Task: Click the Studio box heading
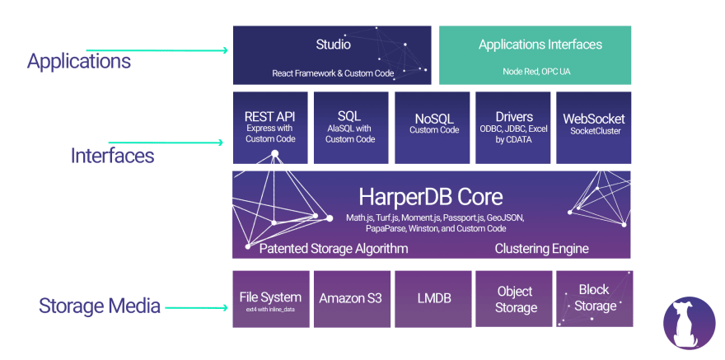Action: [333, 44]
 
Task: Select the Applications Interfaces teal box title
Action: [540, 44]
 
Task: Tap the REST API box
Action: [269, 127]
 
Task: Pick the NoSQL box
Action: [433, 127]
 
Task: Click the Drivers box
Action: [514, 127]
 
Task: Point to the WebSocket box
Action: [593, 127]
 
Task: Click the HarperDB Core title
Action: [431, 197]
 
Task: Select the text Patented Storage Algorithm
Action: [334, 248]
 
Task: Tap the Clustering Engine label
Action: [541, 248]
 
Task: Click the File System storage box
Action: [270, 300]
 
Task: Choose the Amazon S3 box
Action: [352, 299]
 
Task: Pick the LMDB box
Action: [433, 299]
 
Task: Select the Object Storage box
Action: [515, 299]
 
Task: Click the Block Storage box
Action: [595, 299]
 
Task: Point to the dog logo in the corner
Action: [689, 322]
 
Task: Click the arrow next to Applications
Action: [157, 50]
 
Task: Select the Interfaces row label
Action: [112, 155]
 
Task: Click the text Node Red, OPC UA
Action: [536, 72]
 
